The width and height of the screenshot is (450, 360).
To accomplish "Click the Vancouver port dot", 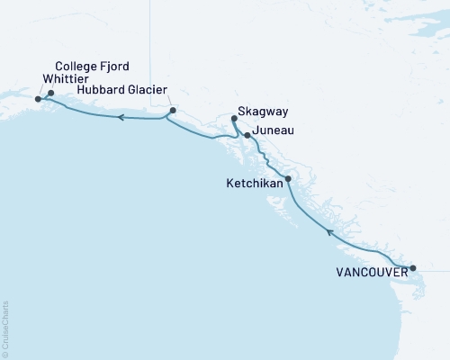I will (413, 268).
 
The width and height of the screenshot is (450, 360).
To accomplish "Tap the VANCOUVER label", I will (370, 269).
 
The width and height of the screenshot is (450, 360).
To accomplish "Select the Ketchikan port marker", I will (288, 179).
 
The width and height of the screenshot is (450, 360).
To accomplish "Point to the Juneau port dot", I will (247, 135).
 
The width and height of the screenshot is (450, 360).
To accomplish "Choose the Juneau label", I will (274, 131).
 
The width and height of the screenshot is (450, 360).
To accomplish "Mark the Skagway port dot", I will (233, 118).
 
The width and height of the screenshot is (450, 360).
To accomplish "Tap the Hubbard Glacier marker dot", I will (171, 111).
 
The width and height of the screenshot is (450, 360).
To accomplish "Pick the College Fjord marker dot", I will (50, 93).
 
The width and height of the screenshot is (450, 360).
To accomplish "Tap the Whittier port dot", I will (38, 99).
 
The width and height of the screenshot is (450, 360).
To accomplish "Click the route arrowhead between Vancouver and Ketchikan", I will (329, 231).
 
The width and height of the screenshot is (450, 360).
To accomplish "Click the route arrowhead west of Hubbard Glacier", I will (118, 117).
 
